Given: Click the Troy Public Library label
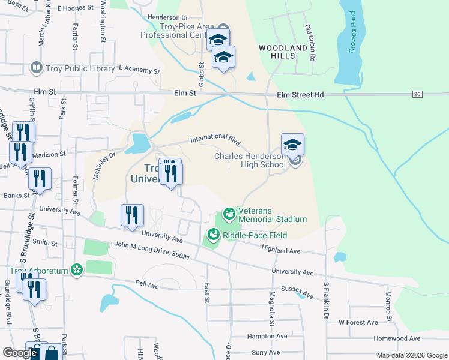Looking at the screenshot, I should coord(80,68).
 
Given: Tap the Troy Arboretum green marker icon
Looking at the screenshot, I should coord(76,270).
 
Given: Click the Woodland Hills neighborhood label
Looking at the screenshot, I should coord(277,52).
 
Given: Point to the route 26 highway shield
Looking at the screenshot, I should coord(417,94).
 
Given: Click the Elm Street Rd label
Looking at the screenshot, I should coord(300,95).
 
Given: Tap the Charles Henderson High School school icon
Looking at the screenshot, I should coord(292,145).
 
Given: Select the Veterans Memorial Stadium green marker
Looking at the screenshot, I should coord(228,213).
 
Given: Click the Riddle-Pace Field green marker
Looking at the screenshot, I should coord(212,235).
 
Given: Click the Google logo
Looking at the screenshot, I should coord(20,353).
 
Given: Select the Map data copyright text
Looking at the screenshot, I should coord(411,355).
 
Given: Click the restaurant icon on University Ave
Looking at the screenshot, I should coord(131,216).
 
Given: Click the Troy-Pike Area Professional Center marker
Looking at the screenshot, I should coord(223,28).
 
